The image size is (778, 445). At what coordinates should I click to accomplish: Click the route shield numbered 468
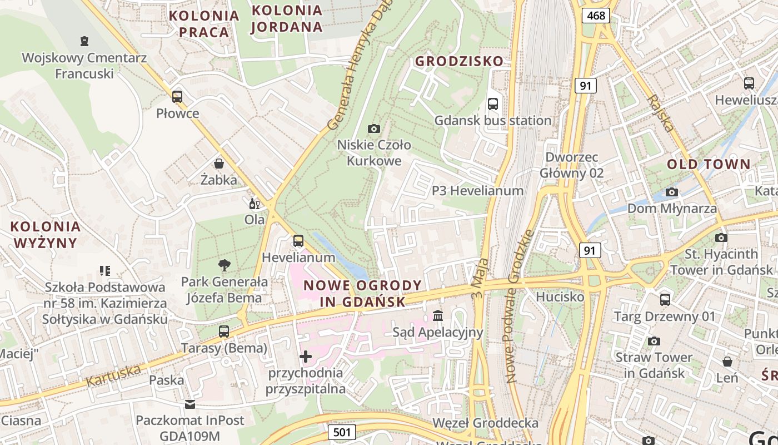pos(596,15)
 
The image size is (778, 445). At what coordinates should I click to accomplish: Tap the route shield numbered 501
pos(341,432)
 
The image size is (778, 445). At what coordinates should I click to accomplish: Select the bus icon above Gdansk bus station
pos(492,103)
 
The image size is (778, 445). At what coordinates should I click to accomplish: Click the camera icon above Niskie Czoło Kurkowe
pos(374,128)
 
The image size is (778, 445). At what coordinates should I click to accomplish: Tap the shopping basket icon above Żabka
pos(219,164)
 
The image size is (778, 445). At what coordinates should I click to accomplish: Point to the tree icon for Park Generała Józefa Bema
pos(225,265)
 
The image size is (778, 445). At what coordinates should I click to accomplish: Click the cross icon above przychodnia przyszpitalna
pos(305,356)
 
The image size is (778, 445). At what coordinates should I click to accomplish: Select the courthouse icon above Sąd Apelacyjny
pos(438,315)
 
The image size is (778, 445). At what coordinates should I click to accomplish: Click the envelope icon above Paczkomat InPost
pos(190,404)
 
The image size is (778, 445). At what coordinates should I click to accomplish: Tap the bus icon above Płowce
pos(177,96)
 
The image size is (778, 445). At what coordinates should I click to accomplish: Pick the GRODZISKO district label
pos(460,61)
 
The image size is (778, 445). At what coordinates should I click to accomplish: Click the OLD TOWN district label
pos(709,164)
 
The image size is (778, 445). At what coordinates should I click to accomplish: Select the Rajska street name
pos(661,112)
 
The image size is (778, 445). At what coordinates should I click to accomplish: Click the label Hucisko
pos(560,297)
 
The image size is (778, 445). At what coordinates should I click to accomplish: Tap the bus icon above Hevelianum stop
pos(298,241)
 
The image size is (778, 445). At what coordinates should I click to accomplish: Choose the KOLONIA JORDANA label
pos(287,18)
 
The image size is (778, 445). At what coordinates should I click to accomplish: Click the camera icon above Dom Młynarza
pos(672,192)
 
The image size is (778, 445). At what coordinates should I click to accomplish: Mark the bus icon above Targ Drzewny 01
pos(665,300)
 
